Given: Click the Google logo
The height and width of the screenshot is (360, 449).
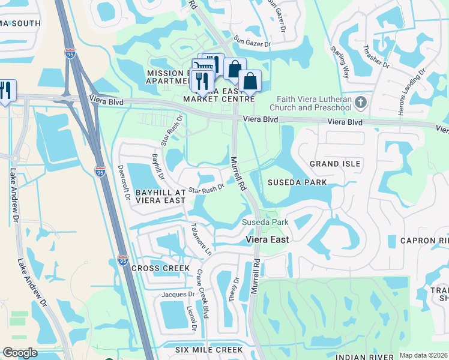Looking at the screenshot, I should click(20, 353).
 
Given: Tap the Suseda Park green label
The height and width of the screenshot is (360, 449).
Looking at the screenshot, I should click(265, 223).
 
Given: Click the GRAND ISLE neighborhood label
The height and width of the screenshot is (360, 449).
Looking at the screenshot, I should click(335, 164).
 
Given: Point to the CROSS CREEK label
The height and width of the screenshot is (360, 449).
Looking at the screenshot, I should click(160, 268).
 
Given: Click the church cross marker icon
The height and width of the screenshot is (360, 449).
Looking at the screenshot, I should click(360, 102).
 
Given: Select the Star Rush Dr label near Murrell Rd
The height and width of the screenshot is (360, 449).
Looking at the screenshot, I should click(206, 188).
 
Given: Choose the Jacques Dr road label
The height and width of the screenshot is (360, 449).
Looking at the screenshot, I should click(178, 295).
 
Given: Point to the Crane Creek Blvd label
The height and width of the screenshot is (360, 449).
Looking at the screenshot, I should click(204, 293).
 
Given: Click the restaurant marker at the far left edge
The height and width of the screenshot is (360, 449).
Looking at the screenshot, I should click(5, 91).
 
